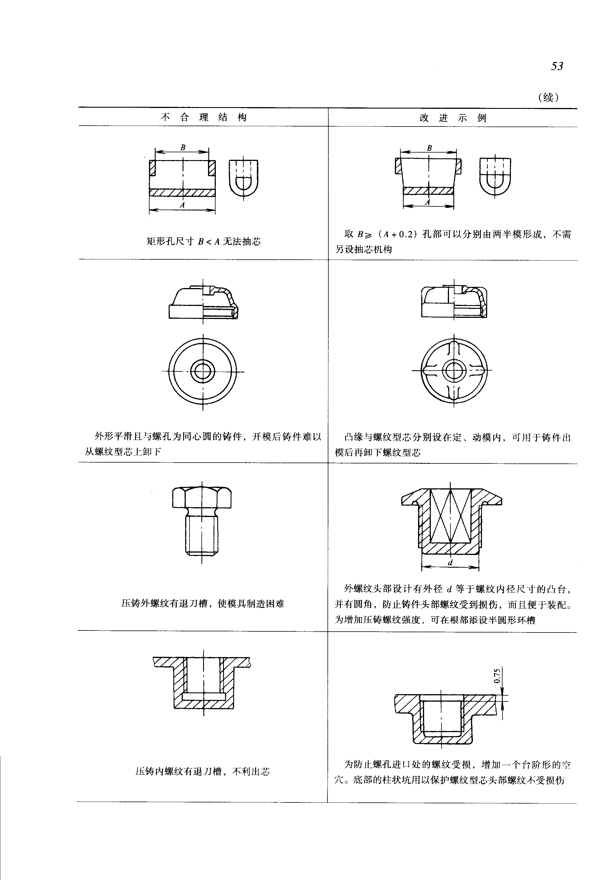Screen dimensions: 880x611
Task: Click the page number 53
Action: click(x=557, y=66)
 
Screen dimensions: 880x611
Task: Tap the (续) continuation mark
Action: click(x=548, y=97)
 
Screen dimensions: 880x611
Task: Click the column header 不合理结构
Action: click(x=203, y=117)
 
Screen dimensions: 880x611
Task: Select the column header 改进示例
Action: click(x=452, y=118)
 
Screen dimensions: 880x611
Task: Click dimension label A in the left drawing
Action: click(x=182, y=205)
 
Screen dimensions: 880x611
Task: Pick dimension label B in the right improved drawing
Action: click(x=429, y=148)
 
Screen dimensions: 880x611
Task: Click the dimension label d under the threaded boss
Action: click(x=450, y=562)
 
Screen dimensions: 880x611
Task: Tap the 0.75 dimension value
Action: click(x=497, y=676)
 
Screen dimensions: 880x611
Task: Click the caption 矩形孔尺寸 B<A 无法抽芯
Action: click(x=203, y=241)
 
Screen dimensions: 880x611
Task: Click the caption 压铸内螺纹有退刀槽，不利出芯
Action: click(x=203, y=771)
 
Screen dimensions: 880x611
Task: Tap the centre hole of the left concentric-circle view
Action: click(x=203, y=371)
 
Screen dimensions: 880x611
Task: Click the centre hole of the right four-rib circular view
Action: click(x=454, y=371)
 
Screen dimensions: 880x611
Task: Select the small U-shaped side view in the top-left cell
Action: click(x=244, y=178)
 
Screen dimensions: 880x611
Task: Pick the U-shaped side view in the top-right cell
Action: click(x=495, y=176)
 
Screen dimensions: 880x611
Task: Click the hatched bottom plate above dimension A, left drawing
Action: click(x=182, y=192)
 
